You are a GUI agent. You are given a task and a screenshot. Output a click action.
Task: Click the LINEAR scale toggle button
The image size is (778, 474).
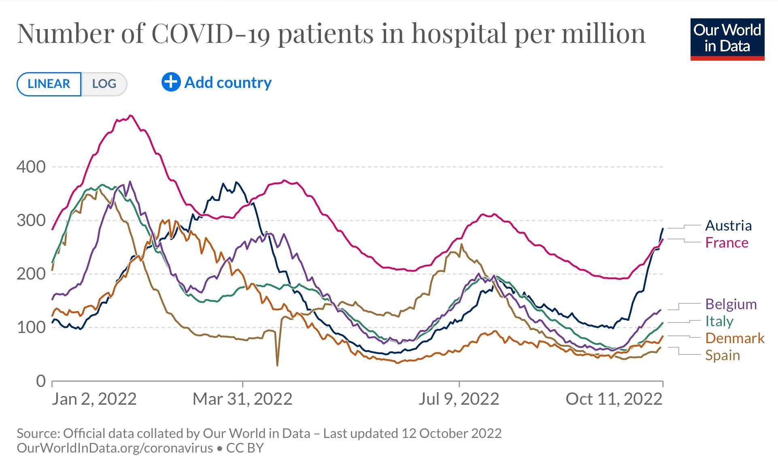coord(49,84)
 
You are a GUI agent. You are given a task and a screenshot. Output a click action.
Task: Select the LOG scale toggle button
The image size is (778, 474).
coord(104,84)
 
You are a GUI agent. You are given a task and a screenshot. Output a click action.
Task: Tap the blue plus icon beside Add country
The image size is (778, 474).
coord(171,82)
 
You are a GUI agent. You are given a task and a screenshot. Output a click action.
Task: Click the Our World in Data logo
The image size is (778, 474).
coord(727,39)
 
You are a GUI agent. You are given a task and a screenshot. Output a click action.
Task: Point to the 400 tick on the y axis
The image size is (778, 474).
coord(31,167)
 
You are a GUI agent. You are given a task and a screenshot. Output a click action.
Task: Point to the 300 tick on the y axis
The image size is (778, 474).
coord(31,221)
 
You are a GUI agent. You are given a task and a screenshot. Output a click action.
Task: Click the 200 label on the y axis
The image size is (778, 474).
coord(31,274)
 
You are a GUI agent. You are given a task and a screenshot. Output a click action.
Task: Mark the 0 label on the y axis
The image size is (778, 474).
coord(41,381)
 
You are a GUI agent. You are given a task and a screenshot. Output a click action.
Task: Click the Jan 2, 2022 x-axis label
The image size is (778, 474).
coord(94,399)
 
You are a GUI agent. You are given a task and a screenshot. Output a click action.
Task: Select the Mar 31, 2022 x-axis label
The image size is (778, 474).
coord(242,399)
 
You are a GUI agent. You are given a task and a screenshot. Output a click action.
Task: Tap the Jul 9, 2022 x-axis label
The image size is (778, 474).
coord(459,399)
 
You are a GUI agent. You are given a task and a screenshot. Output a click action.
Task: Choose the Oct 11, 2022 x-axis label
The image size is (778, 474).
coord(614,399)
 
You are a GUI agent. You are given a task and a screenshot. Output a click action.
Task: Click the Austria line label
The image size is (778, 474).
coord(728,226)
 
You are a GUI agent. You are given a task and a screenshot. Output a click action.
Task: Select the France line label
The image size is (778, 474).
coord(727,243)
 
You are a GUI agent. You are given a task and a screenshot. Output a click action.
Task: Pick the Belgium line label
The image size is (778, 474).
coord(731,304)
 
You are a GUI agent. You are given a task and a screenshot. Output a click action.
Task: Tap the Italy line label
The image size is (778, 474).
coord(719,321)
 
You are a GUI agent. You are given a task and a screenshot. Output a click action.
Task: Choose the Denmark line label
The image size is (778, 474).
coord(735,338)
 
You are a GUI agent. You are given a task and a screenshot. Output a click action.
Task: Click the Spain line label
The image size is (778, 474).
coord(722,355)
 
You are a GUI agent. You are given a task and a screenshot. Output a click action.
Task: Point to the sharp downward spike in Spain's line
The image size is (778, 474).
coord(277,364)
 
